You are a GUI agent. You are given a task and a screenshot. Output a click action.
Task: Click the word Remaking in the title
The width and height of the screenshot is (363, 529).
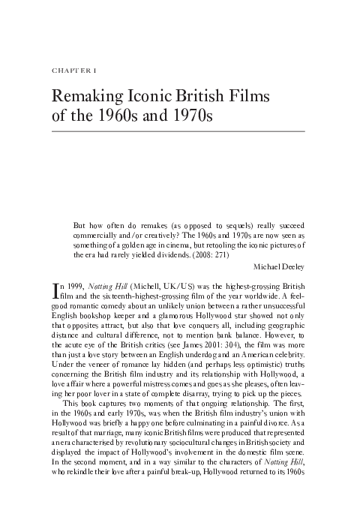[89, 98]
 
